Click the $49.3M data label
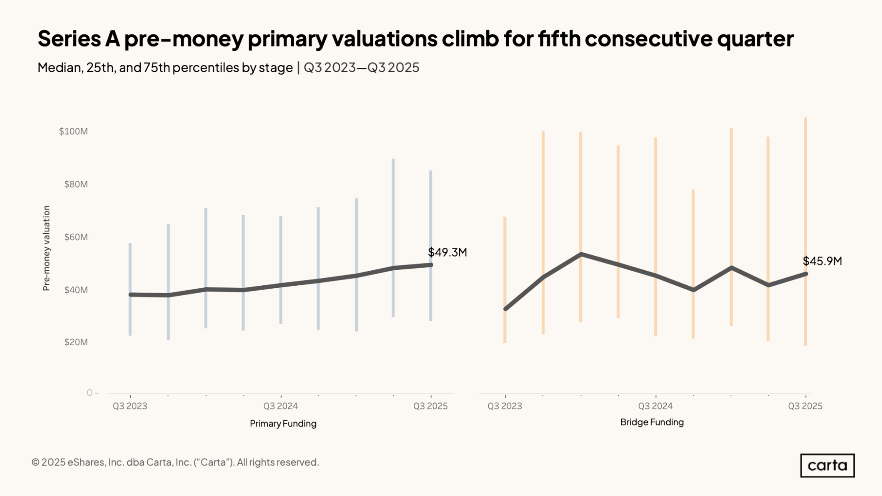click(x=447, y=252)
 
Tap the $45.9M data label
click(x=822, y=261)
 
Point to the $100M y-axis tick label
click(x=73, y=131)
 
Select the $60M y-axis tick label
click(x=76, y=237)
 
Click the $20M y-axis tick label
click(x=76, y=342)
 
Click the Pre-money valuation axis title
click(x=46, y=248)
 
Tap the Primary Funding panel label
click(x=283, y=424)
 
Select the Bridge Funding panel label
click(x=652, y=422)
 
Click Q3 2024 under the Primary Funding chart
click(x=281, y=406)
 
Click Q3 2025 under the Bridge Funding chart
click(x=805, y=406)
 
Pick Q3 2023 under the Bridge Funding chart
click(x=504, y=406)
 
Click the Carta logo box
click(x=827, y=466)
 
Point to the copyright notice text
click(x=175, y=462)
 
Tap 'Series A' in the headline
click(x=79, y=39)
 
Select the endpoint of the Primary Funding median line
click(x=431, y=265)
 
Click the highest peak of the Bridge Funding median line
click(x=581, y=254)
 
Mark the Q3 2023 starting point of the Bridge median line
click(x=505, y=309)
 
